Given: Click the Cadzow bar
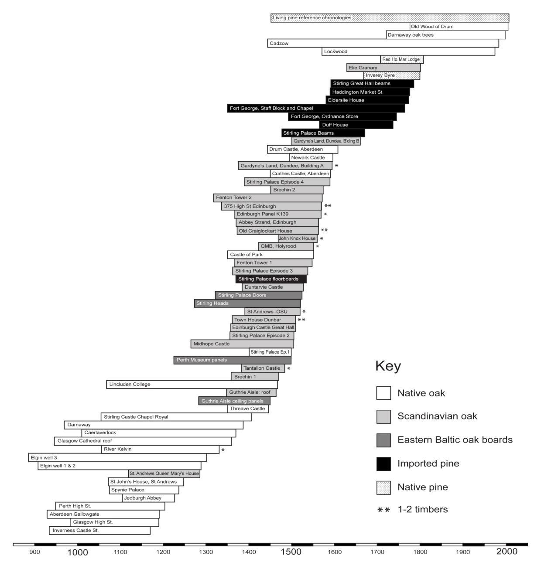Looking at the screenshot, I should [x=383, y=43].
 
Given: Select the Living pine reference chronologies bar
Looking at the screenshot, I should [x=390, y=18].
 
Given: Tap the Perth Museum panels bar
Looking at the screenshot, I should [x=232, y=360].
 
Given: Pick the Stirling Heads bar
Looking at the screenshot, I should [x=247, y=303].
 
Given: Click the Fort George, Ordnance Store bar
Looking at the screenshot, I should [x=342, y=116].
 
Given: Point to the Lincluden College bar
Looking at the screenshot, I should [x=192, y=385].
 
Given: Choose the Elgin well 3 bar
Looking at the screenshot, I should [x=117, y=458].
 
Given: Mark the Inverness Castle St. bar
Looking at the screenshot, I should [x=99, y=531].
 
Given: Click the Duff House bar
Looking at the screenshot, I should [x=356, y=125].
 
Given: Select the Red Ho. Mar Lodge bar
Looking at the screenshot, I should [x=401, y=59].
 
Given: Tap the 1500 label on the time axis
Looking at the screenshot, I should [x=291, y=552].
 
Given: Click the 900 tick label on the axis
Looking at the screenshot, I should [x=34, y=552].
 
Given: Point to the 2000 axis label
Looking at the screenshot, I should [x=507, y=552].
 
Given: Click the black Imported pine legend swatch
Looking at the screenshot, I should [x=383, y=464].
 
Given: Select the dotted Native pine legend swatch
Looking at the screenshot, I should [x=383, y=487].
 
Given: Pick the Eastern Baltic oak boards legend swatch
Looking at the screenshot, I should [x=383, y=440].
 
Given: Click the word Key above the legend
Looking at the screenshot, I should [x=388, y=366].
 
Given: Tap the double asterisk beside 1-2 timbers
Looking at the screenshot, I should [x=383, y=510].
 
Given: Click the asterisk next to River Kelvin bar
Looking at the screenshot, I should [x=223, y=450].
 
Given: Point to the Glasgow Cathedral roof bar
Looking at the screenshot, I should [x=143, y=441].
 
